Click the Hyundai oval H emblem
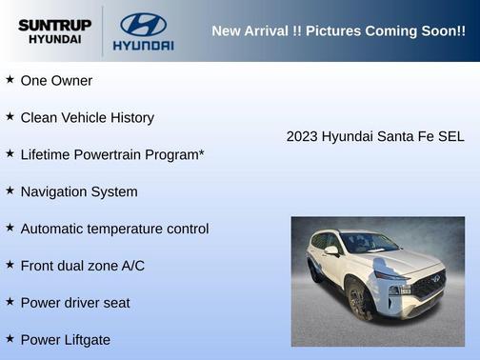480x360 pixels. pyautogui.click(x=143, y=24)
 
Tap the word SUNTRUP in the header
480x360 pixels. pyautogui.click(x=55, y=25)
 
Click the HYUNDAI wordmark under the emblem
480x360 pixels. pyautogui.click(x=143, y=45)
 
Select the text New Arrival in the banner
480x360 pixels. pyautogui.click(x=250, y=31)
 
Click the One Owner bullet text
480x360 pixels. pyautogui.click(x=56, y=81)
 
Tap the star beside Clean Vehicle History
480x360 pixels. pyautogui.click(x=10, y=116)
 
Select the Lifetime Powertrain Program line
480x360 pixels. pyautogui.click(x=112, y=154)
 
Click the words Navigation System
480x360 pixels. pyautogui.click(x=79, y=191)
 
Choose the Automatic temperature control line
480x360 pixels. pyautogui.click(x=114, y=229)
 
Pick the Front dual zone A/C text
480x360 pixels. pyautogui.click(x=83, y=266)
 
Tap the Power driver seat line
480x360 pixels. pyautogui.click(x=75, y=303)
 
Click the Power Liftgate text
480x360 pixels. pyautogui.click(x=66, y=340)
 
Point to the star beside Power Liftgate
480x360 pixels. pyautogui.click(x=10, y=338)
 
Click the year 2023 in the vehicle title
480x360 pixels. pyautogui.click(x=302, y=137)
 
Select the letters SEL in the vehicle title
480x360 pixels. pyautogui.click(x=450, y=137)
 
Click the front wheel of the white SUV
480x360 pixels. pyautogui.click(x=360, y=302)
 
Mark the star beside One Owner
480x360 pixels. pyautogui.click(x=10, y=79)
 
